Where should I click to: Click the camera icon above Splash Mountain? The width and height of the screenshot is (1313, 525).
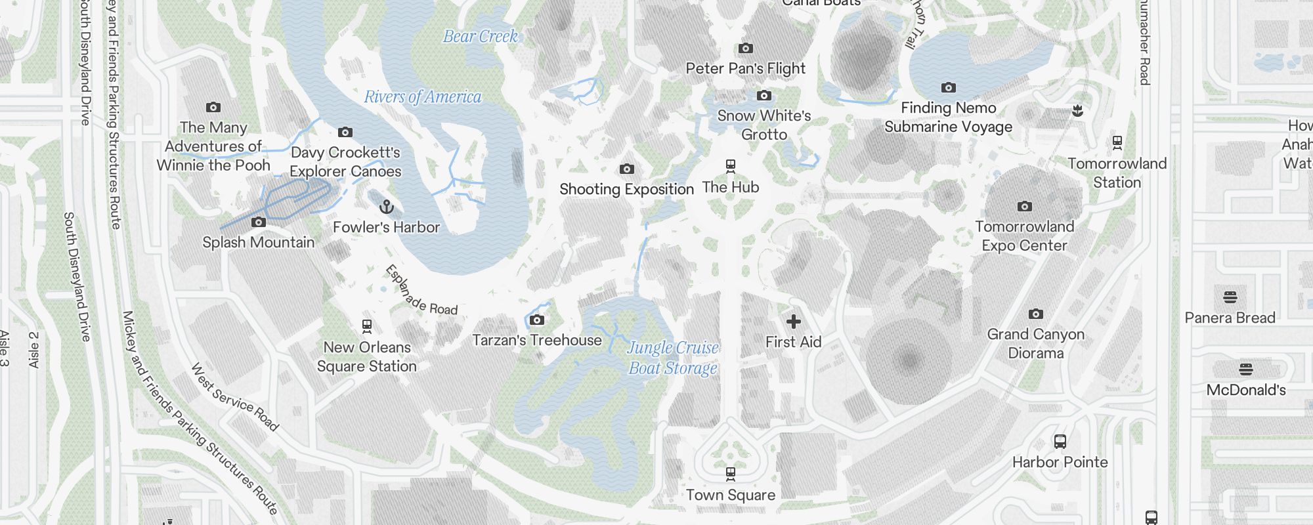coord(259,222)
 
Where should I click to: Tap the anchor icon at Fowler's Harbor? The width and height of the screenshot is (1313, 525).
coord(387,207)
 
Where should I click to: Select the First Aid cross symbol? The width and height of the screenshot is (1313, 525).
coord(794,322)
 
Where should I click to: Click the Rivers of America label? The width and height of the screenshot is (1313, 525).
coord(423,97)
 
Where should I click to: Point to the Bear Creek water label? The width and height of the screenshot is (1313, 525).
coord(481,37)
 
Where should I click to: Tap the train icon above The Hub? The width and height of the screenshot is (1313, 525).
coord(730,167)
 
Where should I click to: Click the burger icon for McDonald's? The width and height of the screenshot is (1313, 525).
coord(1245,369)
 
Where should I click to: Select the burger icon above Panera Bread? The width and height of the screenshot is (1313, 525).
coord(1230,297)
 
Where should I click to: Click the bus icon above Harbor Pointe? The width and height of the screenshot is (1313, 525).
coord(1060,442)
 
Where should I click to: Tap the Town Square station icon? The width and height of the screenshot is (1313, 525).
coord(730,474)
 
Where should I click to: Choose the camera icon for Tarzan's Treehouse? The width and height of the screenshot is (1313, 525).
coord(537,320)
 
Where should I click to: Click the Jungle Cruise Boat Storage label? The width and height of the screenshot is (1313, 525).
coord(673,358)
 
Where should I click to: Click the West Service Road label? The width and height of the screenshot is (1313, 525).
coord(235,397)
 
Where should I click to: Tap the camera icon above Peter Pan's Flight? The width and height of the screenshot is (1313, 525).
coord(746,49)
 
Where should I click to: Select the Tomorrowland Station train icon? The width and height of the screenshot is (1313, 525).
coord(1117,143)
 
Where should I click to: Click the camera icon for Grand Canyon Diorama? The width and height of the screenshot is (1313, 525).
coord(1035,314)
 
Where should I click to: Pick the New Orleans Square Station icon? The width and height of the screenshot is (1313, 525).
coord(367,327)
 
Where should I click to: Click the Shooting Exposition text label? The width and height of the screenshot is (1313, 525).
coord(626,190)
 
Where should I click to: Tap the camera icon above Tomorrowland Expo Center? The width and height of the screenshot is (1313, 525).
coord(1024,207)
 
